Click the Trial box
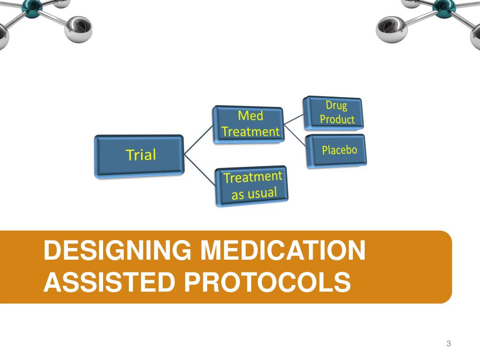tap(140, 156)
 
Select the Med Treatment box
tap(249, 125)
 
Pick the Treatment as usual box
tap(252, 186)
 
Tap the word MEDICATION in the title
tap(282, 251)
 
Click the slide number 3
tap(449, 344)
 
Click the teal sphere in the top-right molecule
tap(442, 6)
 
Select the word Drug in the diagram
tap(336, 105)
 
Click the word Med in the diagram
tap(250, 116)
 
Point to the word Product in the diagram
tap(337, 119)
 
